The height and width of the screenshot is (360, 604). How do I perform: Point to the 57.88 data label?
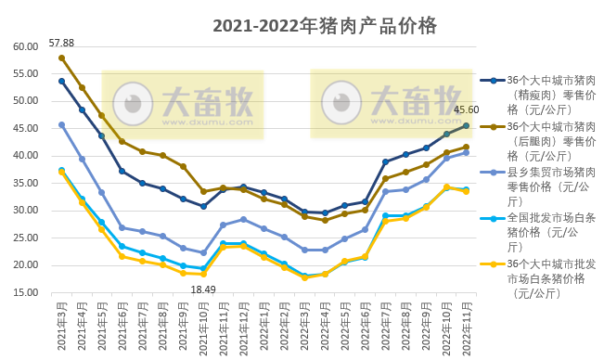[x=61, y=43]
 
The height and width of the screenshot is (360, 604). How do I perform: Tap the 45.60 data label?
[x=466, y=109]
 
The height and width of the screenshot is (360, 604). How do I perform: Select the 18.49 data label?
[x=203, y=289]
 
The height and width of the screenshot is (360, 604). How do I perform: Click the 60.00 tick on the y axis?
[x=25, y=46]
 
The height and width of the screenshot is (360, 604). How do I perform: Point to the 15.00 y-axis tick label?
[x=25, y=293]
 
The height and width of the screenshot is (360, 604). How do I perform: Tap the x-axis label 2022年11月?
[x=465, y=325]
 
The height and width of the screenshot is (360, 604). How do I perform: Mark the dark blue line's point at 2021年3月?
[x=61, y=81]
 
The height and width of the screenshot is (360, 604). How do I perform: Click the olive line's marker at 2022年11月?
[x=466, y=147]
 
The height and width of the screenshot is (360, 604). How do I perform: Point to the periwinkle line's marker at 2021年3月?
[x=61, y=124]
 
